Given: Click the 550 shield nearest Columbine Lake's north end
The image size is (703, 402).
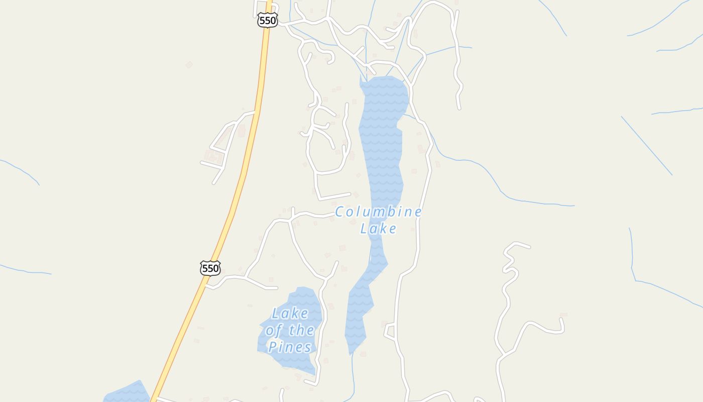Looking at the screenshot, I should [x=267, y=21].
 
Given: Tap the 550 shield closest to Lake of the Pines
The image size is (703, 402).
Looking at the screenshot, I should [x=210, y=268].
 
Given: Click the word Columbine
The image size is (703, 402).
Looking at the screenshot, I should [x=378, y=212].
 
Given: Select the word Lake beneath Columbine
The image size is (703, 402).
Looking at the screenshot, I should [x=378, y=229].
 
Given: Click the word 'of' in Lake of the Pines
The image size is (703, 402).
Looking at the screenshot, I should [x=274, y=331].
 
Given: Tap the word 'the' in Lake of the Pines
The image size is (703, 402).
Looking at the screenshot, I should [x=301, y=331].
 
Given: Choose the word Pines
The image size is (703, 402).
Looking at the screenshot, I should [x=290, y=347].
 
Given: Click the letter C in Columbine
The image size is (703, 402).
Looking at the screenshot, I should [x=340, y=212].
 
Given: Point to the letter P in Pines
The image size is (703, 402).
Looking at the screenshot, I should [x=273, y=347].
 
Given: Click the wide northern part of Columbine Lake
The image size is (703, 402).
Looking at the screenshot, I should [x=384, y=100].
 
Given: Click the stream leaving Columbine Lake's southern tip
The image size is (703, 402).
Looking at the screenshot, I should [x=353, y=372].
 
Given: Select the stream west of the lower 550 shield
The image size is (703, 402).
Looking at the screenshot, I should [x=25, y=270].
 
